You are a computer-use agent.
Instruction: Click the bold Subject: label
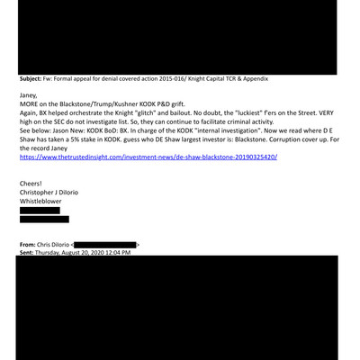pos(33,79)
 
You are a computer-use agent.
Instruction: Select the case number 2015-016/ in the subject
pos(170,79)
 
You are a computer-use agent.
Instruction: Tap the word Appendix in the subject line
pos(253,79)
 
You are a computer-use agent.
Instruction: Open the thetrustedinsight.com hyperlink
pos(148,157)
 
